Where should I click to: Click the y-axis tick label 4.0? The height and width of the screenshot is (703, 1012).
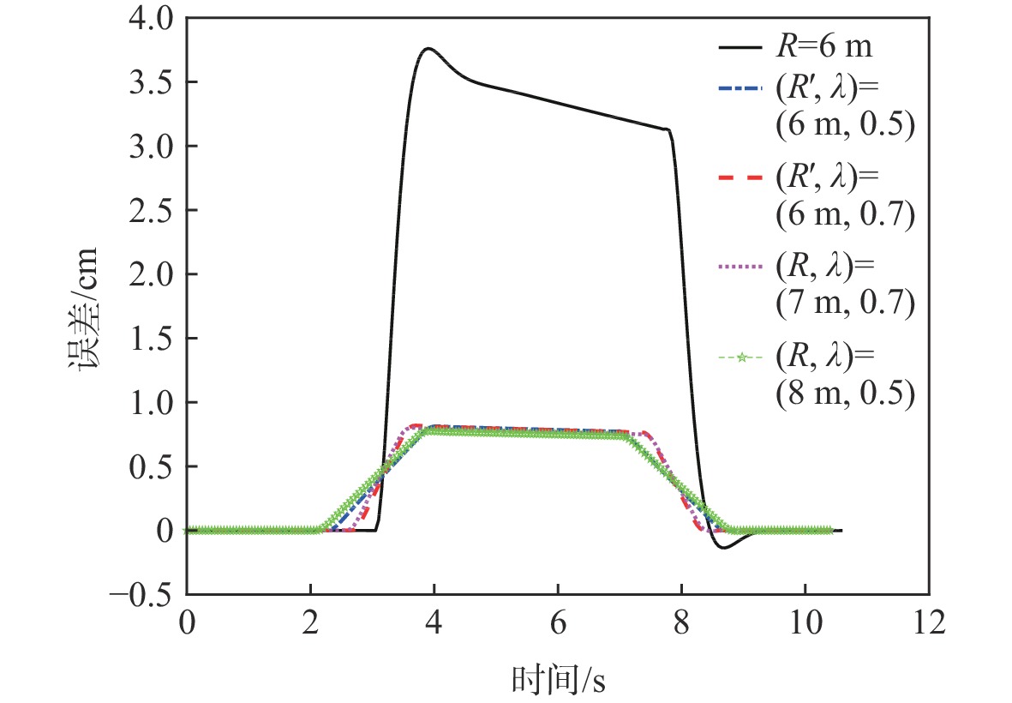click(149, 19)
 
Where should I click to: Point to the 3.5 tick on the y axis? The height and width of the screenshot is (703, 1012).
click(149, 83)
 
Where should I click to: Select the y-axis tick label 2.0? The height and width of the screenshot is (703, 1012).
click(149, 275)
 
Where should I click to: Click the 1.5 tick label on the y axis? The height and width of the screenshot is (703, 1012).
click(149, 339)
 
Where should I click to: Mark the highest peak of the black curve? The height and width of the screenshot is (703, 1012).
click(428, 48)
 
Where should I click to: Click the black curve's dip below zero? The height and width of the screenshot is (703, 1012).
click(725, 547)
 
